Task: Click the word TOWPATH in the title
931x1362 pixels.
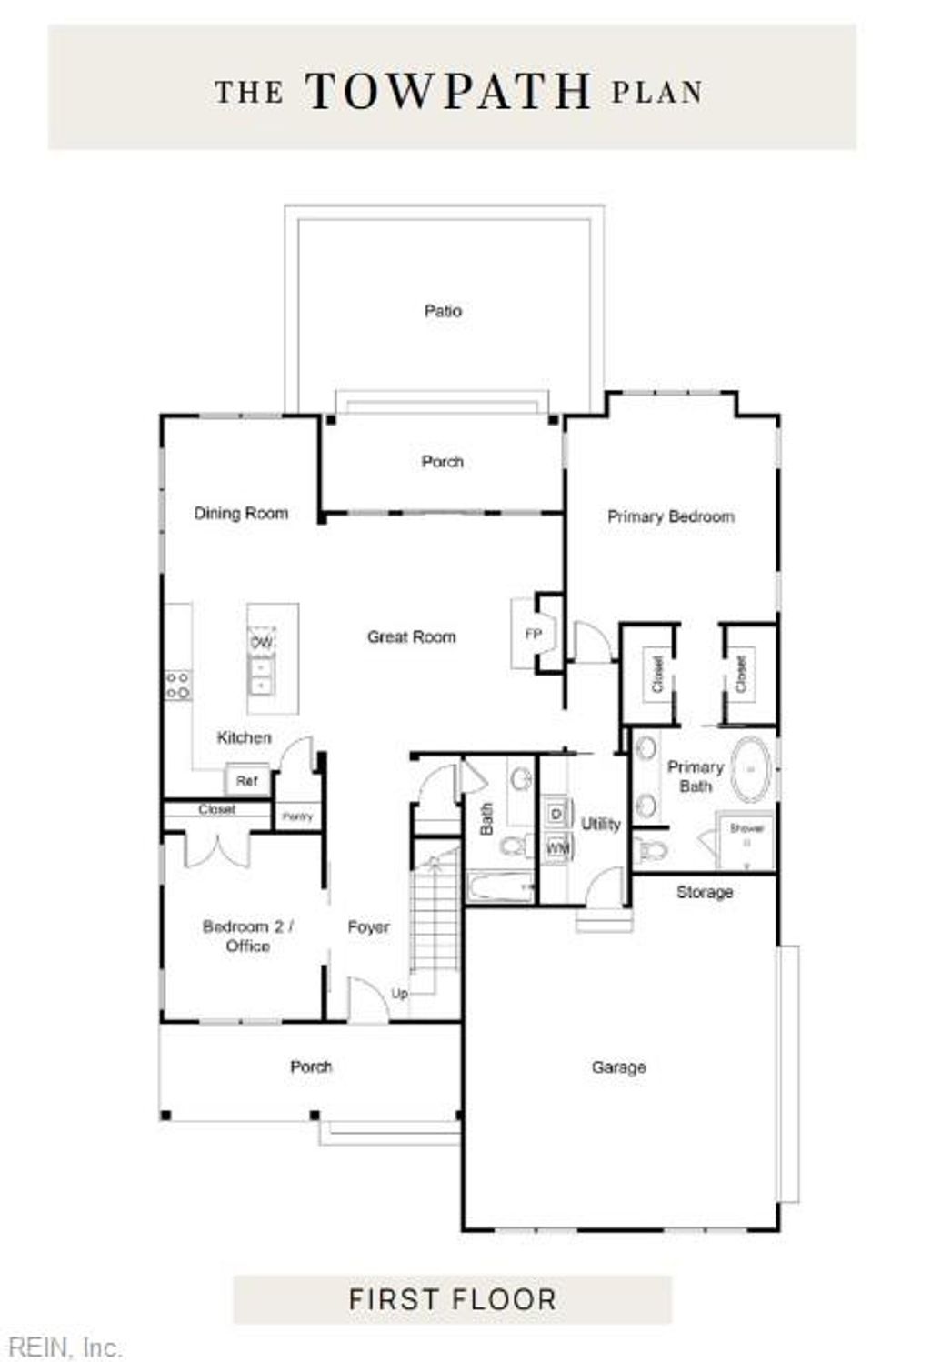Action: click(x=448, y=91)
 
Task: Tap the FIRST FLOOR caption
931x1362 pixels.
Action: click(x=452, y=1299)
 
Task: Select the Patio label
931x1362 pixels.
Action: click(x=443, y=311)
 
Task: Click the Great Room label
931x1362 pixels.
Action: click(x=411, y=637)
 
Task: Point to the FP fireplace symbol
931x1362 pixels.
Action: click(x=534, y=635)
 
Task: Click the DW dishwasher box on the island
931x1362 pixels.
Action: click(x=261, y=642)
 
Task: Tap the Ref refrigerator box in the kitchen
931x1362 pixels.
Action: click(x=246, y=781)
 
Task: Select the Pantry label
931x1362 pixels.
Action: click(x=297, y=816)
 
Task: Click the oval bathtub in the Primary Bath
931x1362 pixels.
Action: click(x=751, y=770)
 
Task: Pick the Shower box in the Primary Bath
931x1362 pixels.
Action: click(x=746, y=838)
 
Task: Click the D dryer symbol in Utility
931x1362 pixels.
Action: click(x=556, y=812)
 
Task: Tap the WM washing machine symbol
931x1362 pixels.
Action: click(x=556, y=847)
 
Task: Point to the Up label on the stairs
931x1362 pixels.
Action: click(x=399, y=993)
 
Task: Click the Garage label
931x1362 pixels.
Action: click(x=618, y=1067)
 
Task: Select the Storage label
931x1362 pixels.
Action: click(x=704, y=892)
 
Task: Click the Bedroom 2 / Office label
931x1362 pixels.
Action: click(x=247, y=936)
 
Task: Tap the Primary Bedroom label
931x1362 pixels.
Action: click(x=670, y=516)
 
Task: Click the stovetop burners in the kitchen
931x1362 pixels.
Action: click(x=177, y=686)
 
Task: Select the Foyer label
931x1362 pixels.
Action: click(x=368, y=927)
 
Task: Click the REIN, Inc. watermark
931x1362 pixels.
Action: click(x=61, y=1347)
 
